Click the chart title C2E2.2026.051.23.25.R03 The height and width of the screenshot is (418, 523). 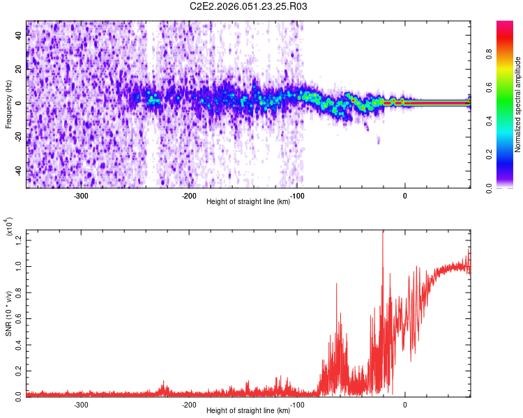pyautogui.click(x=249, y=6)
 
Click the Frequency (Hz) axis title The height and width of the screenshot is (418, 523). pyautogui.click(x=8, y=104)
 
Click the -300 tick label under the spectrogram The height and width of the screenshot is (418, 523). pyautogui.click(x=81, y=196)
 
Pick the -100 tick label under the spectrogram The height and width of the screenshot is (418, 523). pyautogui.click(x=296, y=196)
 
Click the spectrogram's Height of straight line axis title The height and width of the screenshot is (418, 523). pyautogui.click(x=248, y=203)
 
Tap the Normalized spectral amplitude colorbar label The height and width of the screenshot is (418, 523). pyautogui.click(x=518, y=104)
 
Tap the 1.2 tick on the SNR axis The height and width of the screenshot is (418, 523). pyautogui.click(x=20, y=240)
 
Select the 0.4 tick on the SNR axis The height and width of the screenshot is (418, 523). pyautogui.click(x=20, y=344)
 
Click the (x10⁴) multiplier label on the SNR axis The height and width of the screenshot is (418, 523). pyautogui.click(x=10, y=228)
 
